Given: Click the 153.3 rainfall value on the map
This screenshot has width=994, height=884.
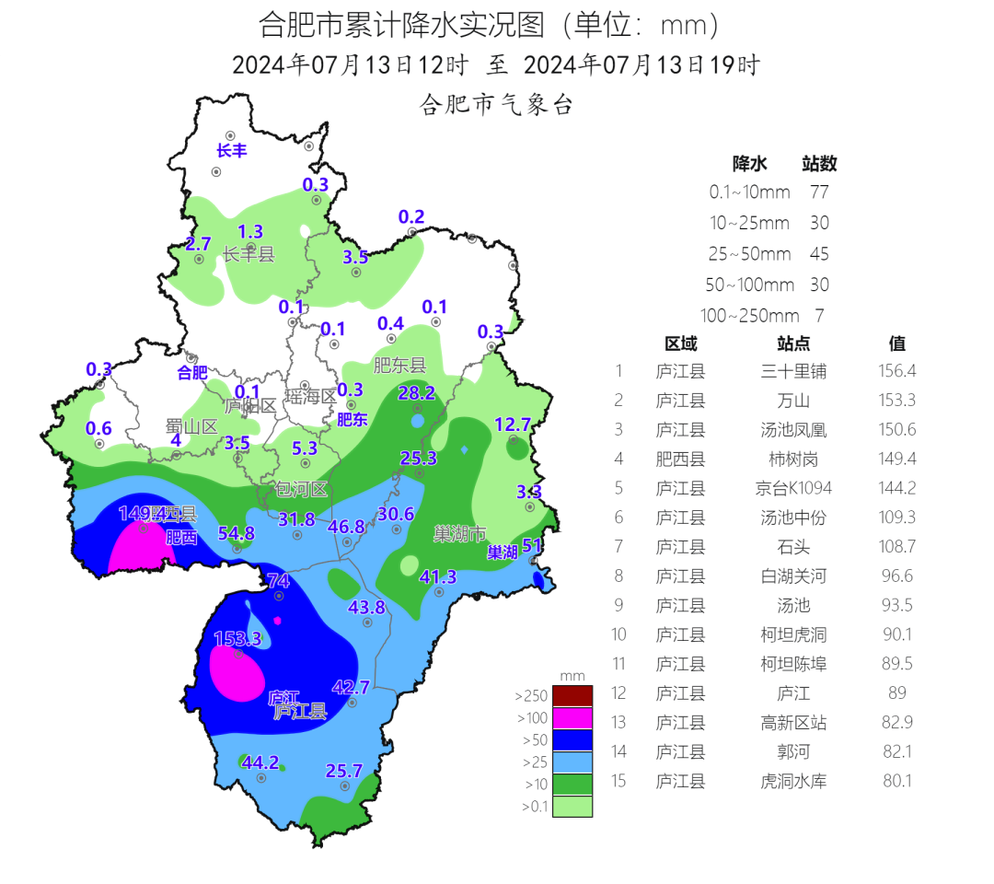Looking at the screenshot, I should [x=237, y=638].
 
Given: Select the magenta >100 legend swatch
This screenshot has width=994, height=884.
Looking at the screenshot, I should [x=572, y=718].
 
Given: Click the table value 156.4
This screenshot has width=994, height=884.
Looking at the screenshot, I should [x=897, y=371].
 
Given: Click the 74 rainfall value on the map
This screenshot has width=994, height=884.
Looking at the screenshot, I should [x=278, y=580].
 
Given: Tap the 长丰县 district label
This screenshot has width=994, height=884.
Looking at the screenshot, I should [x=248, y=255].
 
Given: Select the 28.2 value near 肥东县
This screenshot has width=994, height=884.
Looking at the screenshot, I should [x=416, y=393].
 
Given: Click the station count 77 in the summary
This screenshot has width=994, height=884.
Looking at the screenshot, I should [x=819, y=192].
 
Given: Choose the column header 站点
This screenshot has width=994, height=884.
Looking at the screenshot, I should [x=792, y=343].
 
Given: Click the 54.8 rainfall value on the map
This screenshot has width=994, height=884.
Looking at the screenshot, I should [x=236, y=533].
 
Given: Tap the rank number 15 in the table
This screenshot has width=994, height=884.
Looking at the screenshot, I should [x=619, y=781].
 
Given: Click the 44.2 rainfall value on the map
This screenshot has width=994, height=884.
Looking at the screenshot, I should [x=260, y=762].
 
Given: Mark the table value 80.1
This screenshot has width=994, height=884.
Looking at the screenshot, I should [x=897, y=781].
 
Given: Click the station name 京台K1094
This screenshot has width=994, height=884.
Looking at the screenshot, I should [x=792, y=488].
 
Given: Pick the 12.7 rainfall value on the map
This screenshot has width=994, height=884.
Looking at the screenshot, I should [x=513, y=425].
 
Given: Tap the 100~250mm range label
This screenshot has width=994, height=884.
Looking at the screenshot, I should [x=749, y=315].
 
